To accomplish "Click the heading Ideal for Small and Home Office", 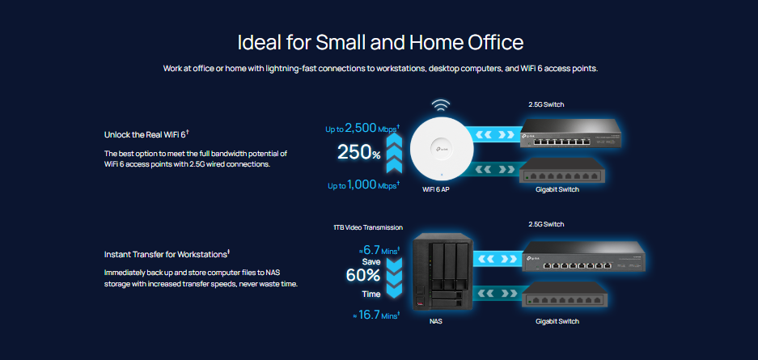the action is point(380,43).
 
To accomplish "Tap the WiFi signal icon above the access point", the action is point(440,105).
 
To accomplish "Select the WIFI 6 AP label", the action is point(435,189).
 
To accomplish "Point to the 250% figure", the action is point(359,152).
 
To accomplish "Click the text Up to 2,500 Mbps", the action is point(362,129).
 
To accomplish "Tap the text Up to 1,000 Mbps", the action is point(363,185).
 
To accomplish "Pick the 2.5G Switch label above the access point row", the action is point(546,104).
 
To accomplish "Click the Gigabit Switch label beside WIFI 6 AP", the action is point(557,189).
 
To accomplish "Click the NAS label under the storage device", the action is point(435,321).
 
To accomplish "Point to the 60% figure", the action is point(363,275).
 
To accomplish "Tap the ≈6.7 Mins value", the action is point(379,250).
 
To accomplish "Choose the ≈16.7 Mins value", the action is point(377,316).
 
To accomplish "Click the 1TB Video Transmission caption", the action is point(368,227).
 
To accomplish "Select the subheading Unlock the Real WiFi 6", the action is point(146,134).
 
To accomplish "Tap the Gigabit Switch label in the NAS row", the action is point(557,321).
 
